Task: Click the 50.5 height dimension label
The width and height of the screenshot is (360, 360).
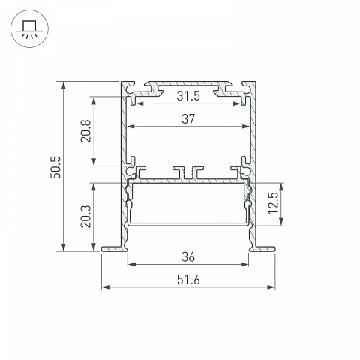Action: point(55,167)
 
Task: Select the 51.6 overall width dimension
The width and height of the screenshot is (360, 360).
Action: point(188,280)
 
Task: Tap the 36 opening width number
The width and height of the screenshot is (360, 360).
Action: point(188,256)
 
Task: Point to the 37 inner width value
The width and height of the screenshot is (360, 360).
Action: point(188,119)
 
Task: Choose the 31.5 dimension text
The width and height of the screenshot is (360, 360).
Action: point(188,96)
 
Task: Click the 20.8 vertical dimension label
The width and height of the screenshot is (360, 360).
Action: point(85,131)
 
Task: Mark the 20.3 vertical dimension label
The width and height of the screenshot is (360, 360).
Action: point(85,217)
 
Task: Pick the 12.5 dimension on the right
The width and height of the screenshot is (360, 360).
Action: point(273,203)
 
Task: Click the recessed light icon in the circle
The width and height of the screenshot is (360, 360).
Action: point(29,28)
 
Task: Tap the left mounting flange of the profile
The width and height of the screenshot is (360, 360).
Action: point(113,249)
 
